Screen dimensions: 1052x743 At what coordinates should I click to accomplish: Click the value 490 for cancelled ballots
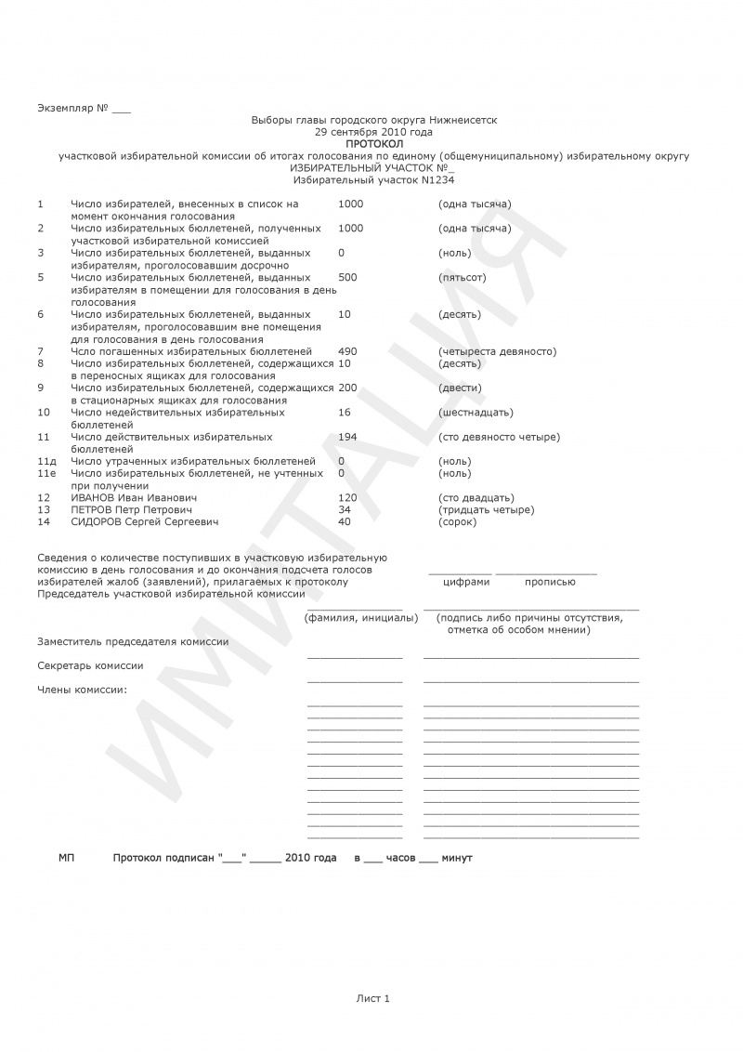click(348, 351)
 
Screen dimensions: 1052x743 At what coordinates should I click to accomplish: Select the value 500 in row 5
click(347, 277)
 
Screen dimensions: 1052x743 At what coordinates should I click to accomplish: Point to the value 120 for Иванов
click(348, 498)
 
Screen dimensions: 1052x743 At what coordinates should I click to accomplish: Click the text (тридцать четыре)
click(486, 510)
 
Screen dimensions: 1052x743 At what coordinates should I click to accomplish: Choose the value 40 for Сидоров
click(345, 521)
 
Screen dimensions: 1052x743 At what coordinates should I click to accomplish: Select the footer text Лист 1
click(372, 998)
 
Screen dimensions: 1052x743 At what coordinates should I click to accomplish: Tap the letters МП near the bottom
click(67, 858)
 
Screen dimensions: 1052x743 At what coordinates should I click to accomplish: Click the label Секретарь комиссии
click(90, 666)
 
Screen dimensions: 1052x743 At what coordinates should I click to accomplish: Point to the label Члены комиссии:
click(82, 690)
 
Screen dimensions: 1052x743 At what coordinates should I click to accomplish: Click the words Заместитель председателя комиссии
click(133, 641)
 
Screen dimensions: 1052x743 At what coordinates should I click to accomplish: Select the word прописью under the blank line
click(550, 582)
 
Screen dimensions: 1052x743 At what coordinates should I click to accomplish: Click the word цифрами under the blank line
click(466, 582)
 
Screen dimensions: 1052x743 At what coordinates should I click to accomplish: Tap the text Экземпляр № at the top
click(73, 109)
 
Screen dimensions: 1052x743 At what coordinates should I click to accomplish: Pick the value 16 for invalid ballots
click(345, 412)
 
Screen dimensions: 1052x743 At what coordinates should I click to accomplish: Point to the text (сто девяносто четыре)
click(499, 437)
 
